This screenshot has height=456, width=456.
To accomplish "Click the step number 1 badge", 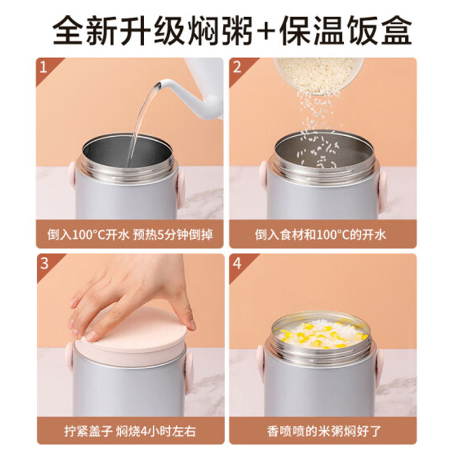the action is (44, 68).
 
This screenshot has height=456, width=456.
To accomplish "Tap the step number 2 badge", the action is (237, 68).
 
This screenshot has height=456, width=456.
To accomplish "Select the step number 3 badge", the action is (44, 264).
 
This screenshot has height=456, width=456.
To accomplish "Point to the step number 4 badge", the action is (237, 264).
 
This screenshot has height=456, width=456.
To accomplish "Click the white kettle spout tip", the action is (158, 85).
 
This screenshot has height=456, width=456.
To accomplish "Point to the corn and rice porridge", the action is (321, 334).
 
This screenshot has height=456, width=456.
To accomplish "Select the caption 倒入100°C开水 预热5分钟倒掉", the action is (130, 235).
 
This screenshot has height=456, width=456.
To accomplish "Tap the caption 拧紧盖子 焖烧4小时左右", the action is (130, 431).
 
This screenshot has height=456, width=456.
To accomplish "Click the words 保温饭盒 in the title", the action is (345, 31).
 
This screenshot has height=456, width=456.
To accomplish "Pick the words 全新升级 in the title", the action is (119, 31).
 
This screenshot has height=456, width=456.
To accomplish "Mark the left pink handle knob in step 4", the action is (260, 361).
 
